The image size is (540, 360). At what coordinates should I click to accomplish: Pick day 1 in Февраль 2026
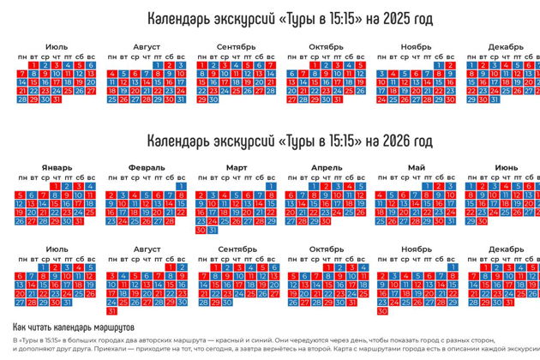pos(181,185)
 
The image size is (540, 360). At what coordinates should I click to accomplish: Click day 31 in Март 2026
pos(213,230)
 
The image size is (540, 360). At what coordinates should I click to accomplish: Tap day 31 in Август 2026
pos(111,311)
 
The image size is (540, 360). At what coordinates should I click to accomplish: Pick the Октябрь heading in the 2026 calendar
pos(326,249)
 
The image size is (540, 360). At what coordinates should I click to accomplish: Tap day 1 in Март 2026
pos(271,185)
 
